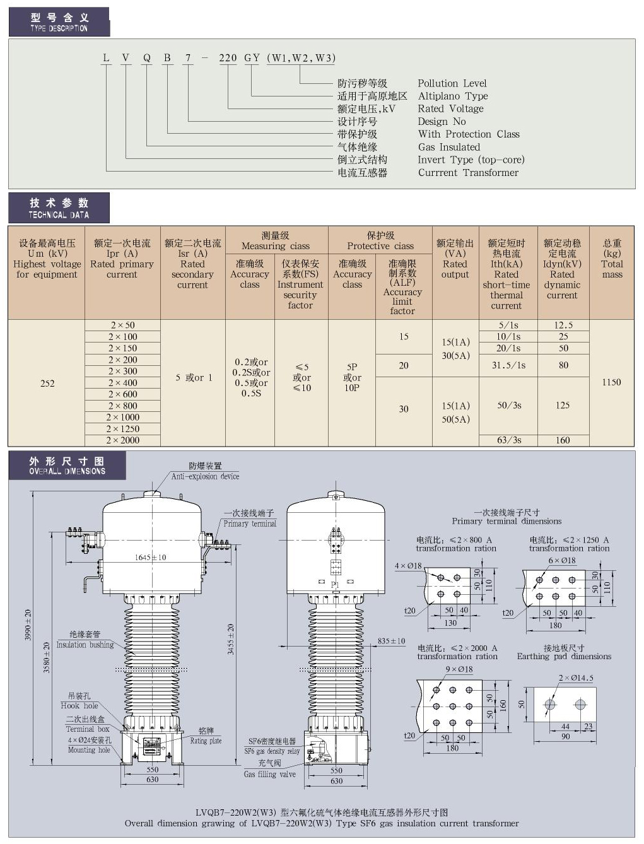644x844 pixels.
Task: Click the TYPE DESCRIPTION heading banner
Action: point(59,22)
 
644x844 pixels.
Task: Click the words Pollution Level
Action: point(452,83)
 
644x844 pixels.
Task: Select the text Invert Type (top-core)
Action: point(471,160)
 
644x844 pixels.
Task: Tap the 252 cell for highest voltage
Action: point(47,383)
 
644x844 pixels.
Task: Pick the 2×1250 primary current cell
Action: point(122,429)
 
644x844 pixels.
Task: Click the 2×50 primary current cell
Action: point(122,325)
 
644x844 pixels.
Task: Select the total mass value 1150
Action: point(611,382)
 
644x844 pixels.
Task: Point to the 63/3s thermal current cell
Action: point(508,440)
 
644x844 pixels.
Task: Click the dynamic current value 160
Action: point(563,440)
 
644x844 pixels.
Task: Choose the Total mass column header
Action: point(612,259)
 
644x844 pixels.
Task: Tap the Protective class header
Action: point(380,240)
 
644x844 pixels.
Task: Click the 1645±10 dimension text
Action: point(150,557)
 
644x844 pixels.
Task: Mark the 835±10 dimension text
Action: point(391,641)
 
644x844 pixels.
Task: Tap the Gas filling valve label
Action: point(269,774)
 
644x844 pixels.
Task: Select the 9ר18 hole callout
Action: point(459,669)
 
